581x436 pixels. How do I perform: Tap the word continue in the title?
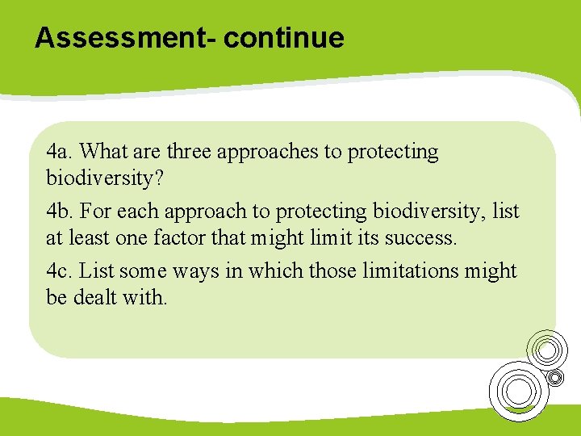point(284,38)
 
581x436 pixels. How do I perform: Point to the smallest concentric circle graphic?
point(554,377)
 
